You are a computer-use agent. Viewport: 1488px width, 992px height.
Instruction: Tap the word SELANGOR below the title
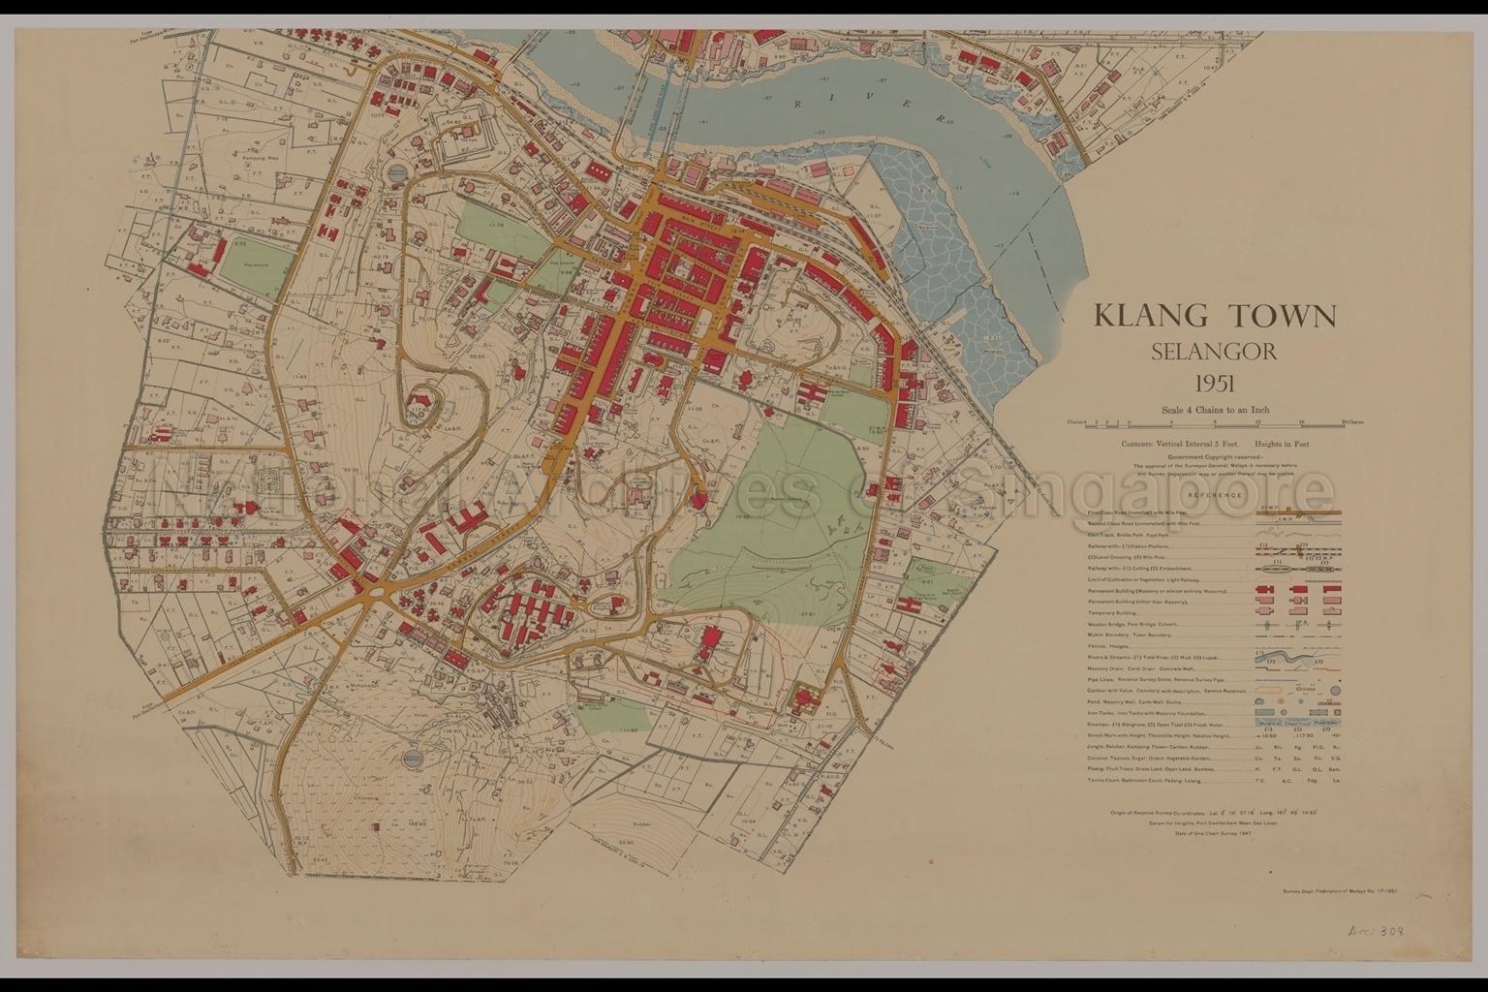[1214, 351]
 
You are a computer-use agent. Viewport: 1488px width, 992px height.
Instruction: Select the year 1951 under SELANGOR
[1214, 383]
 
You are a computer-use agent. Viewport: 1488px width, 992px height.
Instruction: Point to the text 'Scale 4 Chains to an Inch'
[1215, 410]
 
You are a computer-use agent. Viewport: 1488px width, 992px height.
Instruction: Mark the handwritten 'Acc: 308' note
[1377, 931]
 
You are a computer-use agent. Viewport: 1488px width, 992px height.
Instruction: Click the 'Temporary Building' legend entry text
[1113, 612]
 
